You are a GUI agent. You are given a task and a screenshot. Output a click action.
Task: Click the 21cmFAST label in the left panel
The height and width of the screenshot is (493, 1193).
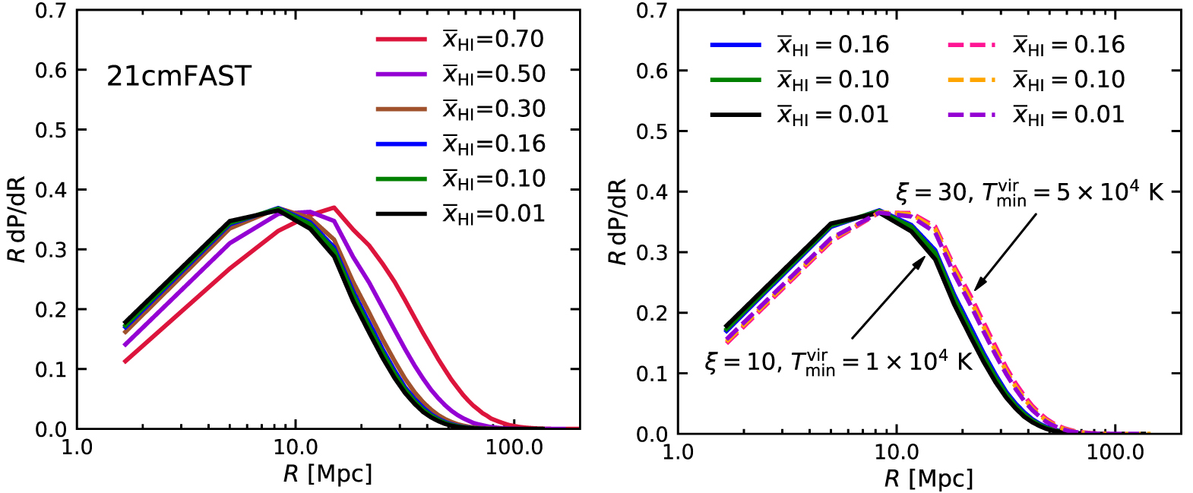[179, 76]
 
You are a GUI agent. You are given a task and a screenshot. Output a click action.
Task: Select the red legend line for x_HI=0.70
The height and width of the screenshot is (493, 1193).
[401, 39]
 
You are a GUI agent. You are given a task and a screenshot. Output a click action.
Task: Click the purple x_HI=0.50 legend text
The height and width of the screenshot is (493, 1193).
[494, 74]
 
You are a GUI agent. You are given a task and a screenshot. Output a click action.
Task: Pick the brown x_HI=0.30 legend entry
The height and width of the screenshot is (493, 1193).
[494, 109]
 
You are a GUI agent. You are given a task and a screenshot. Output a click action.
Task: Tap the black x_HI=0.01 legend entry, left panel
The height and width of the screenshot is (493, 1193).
[494, 213]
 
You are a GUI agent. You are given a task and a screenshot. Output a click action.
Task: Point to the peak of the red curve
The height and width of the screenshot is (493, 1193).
[334, 207]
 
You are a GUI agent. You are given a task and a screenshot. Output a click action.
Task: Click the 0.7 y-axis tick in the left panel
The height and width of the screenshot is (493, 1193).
[51, 11]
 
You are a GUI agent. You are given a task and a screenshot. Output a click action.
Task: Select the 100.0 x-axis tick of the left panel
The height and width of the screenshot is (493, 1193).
[514, 447]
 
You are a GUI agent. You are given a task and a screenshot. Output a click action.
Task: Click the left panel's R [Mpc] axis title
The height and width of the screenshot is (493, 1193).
[328, 474]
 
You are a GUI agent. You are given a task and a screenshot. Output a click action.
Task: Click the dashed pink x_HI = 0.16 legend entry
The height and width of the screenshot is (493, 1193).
[1068, 45]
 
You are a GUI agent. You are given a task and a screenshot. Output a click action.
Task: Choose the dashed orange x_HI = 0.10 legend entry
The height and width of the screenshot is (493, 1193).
[1068, 80]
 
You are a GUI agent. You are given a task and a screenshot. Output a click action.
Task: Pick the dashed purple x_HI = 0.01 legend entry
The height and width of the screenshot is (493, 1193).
[1068, 115]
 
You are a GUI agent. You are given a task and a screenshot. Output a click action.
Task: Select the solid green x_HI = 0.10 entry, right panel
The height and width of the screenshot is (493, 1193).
[832, 80]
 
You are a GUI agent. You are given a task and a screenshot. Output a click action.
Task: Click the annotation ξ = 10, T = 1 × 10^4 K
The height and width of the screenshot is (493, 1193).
[838, 362]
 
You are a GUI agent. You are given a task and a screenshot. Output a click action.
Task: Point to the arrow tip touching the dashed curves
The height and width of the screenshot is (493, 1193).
[976, 289]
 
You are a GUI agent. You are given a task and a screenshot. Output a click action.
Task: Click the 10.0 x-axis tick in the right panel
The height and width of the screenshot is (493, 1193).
[897, 453]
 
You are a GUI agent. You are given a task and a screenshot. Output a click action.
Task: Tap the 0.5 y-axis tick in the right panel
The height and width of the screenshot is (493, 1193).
[652, 131]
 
